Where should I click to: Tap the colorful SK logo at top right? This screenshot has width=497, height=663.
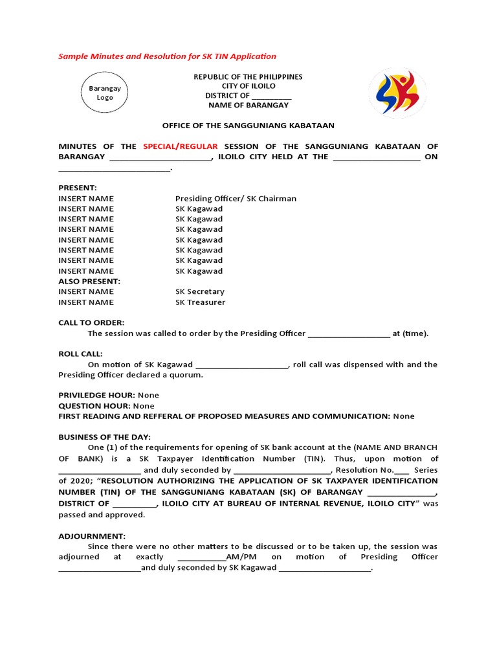coord(397,93)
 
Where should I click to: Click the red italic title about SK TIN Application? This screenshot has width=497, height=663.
coord(167,56)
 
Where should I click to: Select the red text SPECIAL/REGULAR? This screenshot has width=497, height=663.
coord(181,146)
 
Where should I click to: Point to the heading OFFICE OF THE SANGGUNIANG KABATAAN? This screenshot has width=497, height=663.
coord(248,126)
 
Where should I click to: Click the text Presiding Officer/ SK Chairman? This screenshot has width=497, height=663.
coord(236,198)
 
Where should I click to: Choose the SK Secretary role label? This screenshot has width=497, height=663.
coord(199,291)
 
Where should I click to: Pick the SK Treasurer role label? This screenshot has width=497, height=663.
coord(200,302)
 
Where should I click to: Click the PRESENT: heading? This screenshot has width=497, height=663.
coord(78,188)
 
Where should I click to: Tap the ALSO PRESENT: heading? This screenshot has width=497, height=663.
coord(89,281)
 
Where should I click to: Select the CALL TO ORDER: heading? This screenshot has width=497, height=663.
coord(91,322)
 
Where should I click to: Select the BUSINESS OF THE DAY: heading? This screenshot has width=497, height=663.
coord(104,436)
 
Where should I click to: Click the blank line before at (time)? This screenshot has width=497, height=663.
coord(349,334)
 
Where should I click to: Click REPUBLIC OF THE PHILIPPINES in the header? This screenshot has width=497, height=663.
coord(248,76)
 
